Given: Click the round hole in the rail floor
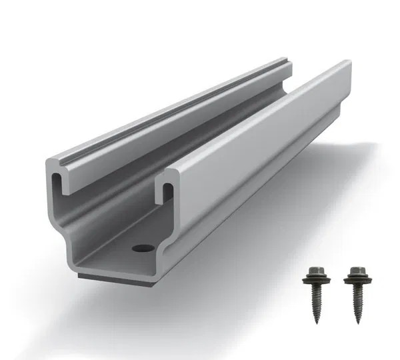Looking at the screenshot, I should [x=141, y=248].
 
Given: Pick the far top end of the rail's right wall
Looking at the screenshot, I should [x=347, y=63].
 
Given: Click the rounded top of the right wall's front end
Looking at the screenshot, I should [x=172, y=174].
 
